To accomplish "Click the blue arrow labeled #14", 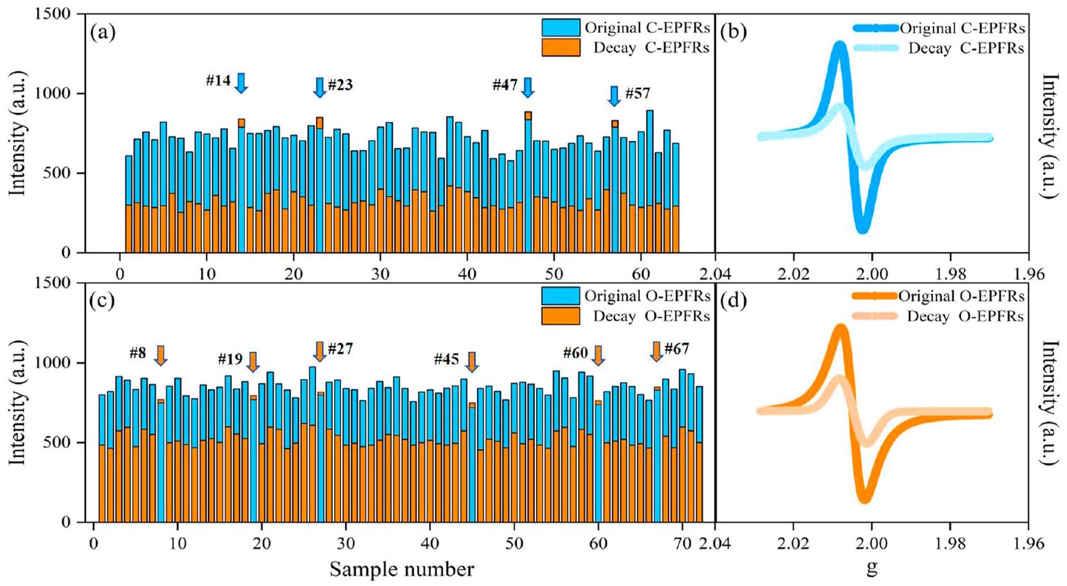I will tap(241, 82).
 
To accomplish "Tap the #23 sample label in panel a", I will tap(340, 85).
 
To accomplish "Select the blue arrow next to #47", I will tap(527, 87).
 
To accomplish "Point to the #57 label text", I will tap(637, 93).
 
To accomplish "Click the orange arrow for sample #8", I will tap(160, 355).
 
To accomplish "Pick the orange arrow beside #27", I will tap(319, 351).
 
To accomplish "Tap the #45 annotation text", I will tap(446, 359).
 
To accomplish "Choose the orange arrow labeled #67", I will tap(657, 351).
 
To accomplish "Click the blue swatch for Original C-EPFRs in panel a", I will tap(561, 27).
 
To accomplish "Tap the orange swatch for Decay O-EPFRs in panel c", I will tap(561, 316).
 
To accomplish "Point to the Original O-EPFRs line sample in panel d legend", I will tap(875, 296).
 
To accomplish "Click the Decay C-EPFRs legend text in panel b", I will tap(965, 48).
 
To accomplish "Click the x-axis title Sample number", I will tap(402, 569).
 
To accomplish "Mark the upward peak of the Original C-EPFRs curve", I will tap(840, 45).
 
